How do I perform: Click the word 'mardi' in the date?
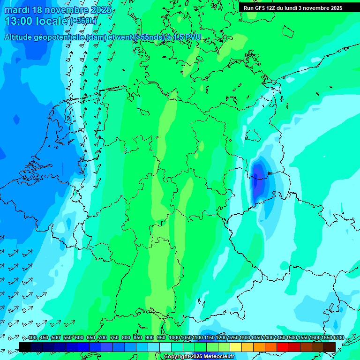17,10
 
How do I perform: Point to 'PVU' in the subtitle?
193,37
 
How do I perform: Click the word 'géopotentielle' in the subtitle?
61,37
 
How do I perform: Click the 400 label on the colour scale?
32,338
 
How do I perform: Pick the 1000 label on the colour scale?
174,338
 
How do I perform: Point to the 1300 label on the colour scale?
245,338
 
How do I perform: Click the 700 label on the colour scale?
103,338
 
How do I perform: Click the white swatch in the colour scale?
165,347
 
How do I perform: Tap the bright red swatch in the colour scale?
283,347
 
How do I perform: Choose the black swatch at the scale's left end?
25,347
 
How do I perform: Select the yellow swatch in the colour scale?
236,347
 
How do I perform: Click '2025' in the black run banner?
333,8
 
